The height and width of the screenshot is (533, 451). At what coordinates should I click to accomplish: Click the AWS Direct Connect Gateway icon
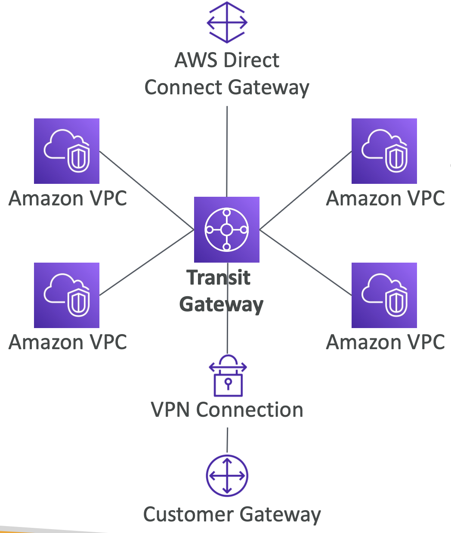[x=227, y=22]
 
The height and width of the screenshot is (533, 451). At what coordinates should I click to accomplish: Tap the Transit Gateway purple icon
[x=227, y=229]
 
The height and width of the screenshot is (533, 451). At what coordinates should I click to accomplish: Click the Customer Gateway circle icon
[x=227, y=476]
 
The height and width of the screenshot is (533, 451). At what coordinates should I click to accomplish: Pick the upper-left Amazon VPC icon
[x=67, y=151]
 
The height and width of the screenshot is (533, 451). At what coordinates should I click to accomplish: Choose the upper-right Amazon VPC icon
[x=384, y=151]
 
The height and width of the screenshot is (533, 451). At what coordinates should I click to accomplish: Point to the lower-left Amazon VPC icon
[x=67, y=295]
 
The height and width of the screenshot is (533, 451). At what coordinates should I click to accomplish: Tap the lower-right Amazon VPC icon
[x=384, y=295]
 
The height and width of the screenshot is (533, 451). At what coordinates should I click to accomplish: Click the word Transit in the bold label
[x=219, y=278]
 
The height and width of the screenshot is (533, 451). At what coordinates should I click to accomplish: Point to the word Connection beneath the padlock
[x=250, y=410]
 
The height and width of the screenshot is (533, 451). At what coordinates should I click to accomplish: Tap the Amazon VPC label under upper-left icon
[x=68, y=198]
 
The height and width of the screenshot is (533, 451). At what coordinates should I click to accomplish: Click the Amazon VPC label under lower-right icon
[x=386, y=343]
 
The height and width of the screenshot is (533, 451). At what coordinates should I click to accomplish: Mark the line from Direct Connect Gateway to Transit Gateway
[x=227, y=151]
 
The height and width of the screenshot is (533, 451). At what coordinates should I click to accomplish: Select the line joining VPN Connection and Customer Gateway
[x=227, y=440]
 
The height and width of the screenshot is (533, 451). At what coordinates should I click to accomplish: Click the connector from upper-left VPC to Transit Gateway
[x=146, y=190]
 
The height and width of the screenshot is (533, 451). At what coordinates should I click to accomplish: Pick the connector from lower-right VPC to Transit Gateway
[x=306, y=263]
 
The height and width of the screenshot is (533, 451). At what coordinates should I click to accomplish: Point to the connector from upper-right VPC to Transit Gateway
[x=306, y=190]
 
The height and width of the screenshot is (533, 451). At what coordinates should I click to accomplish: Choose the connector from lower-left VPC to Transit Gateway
[x=146, y=263]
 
